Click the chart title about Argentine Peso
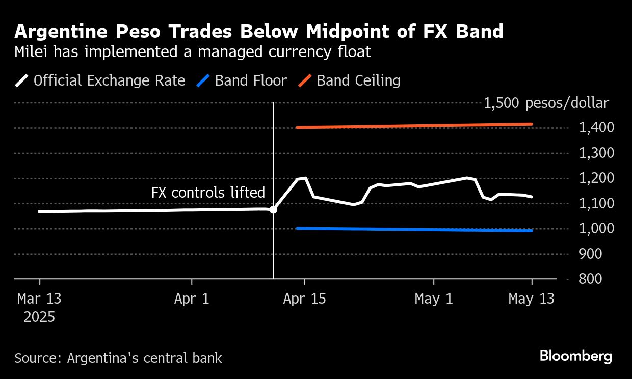coord(259,32)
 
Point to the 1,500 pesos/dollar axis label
coord(546,103)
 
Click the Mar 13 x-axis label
coord(39,299)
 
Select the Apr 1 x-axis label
coord(192,299)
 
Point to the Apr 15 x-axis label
coord(304,299)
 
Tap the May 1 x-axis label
coord(434,299)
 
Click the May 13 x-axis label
coord(531,299)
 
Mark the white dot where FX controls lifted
coord(273,209)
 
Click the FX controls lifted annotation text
coord(208,193)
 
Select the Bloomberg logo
coord(576,356)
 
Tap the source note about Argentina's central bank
coord(118,358)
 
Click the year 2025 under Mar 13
coord(39,317)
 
